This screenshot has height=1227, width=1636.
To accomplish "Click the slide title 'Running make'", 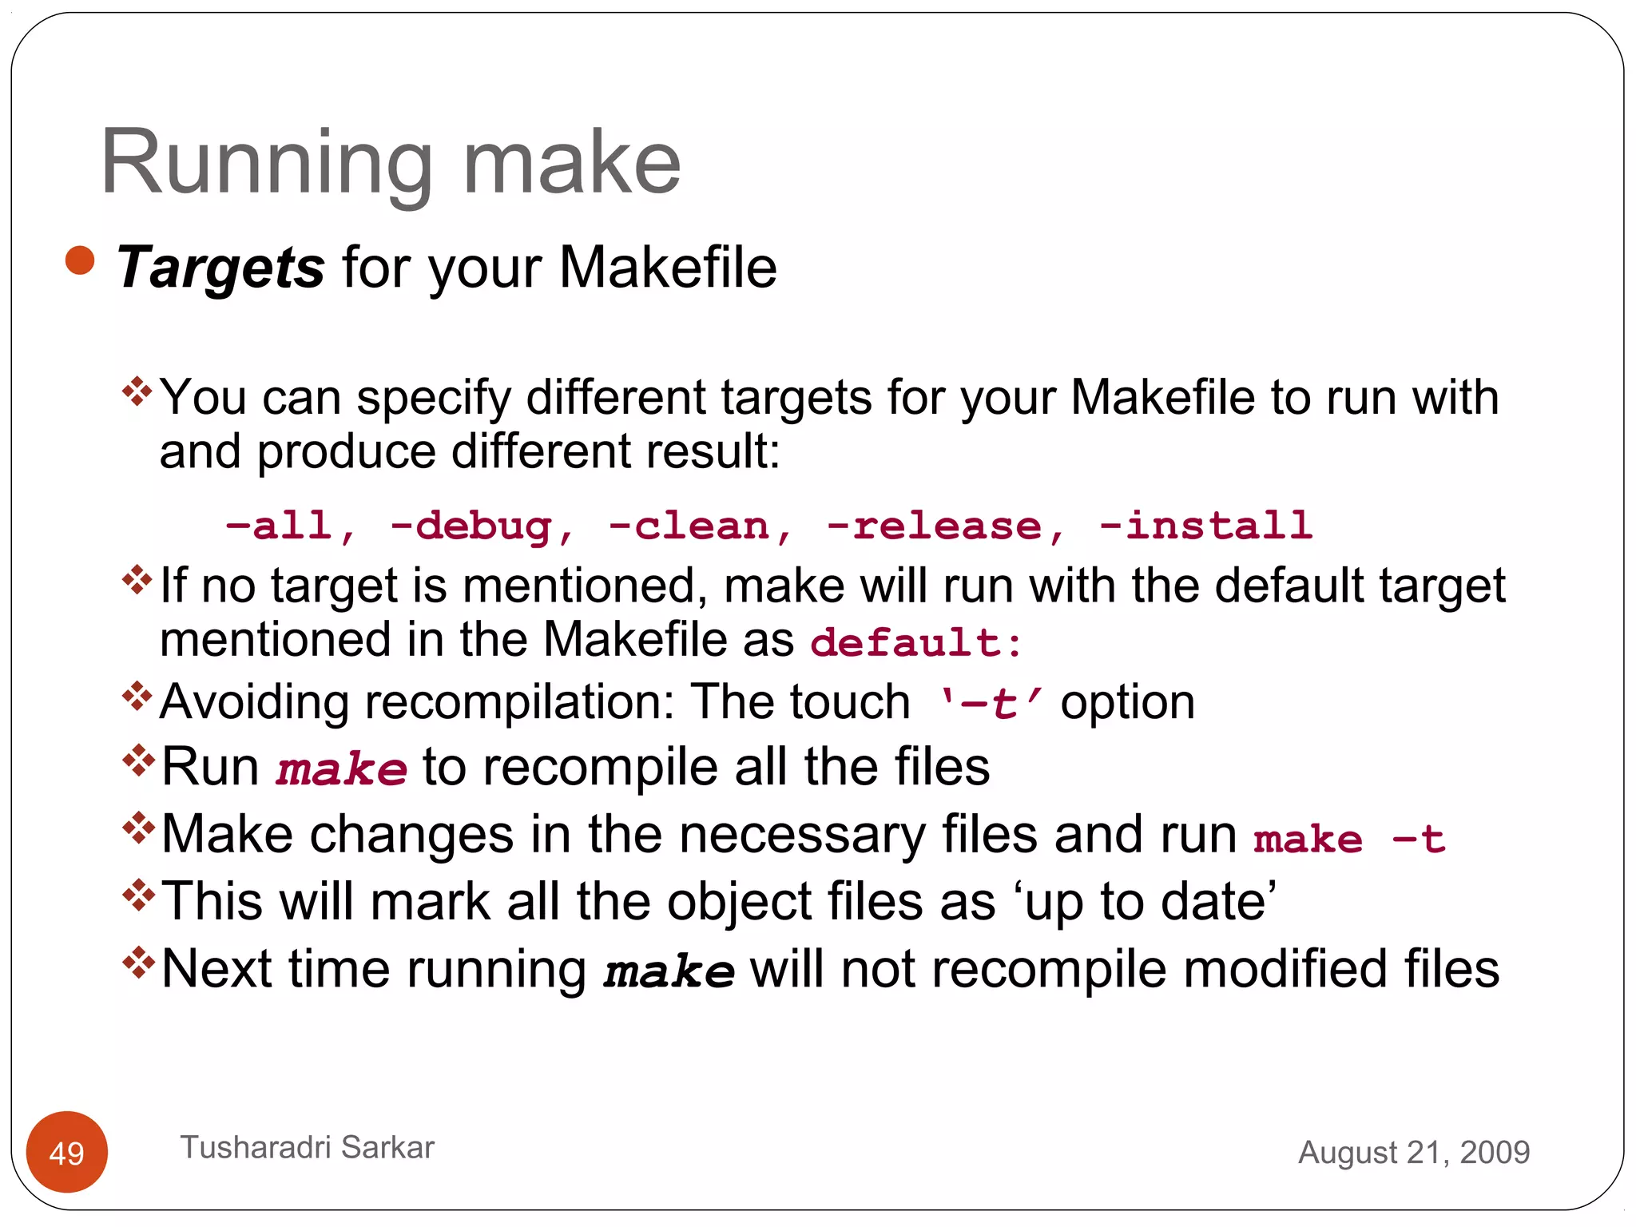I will (390, 163).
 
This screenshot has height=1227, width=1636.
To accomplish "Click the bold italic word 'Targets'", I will (220, 268).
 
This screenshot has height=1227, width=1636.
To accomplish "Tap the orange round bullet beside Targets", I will (80, 261).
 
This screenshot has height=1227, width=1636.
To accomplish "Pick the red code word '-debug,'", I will (482, 526).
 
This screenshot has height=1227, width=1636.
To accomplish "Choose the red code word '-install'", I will (1205, 526).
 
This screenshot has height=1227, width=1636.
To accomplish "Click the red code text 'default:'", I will (915, 642).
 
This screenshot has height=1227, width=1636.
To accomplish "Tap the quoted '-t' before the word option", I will (991, 704).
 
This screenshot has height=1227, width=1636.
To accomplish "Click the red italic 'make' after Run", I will (341, 770).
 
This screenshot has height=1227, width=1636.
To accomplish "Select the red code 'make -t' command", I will (1349, 840).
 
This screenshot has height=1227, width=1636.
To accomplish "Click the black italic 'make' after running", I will (669, 972).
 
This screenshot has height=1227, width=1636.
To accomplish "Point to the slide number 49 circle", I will (67, 1152).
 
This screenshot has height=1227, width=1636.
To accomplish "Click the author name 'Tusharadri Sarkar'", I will (308, 1147).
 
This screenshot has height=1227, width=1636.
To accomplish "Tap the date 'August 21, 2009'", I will (1414, 1152).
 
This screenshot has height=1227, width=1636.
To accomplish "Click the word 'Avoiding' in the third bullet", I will (254, 703).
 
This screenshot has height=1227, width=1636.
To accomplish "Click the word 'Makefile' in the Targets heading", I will (668, 268).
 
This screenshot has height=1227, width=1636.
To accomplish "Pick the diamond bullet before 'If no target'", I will (137, 579).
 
